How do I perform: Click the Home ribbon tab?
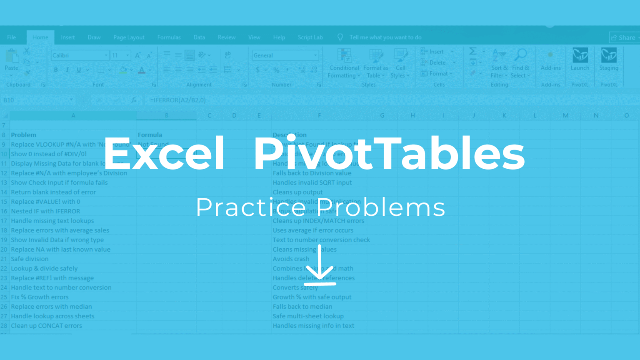(40, 37)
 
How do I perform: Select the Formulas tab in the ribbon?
(169, 37)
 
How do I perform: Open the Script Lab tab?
(310, 37)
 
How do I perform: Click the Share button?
(624, 37)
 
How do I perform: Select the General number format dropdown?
(285, 55)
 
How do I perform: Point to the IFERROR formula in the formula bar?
(178, 100)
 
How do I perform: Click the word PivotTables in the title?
(389, 154)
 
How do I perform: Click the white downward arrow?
(320, 265)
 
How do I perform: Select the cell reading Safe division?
(30, 259)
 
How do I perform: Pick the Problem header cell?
(23, 135)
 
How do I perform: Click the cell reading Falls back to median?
(302, 307)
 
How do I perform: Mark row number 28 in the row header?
(4, 326)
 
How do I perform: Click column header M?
(565, 115)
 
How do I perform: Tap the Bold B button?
(56, 70)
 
